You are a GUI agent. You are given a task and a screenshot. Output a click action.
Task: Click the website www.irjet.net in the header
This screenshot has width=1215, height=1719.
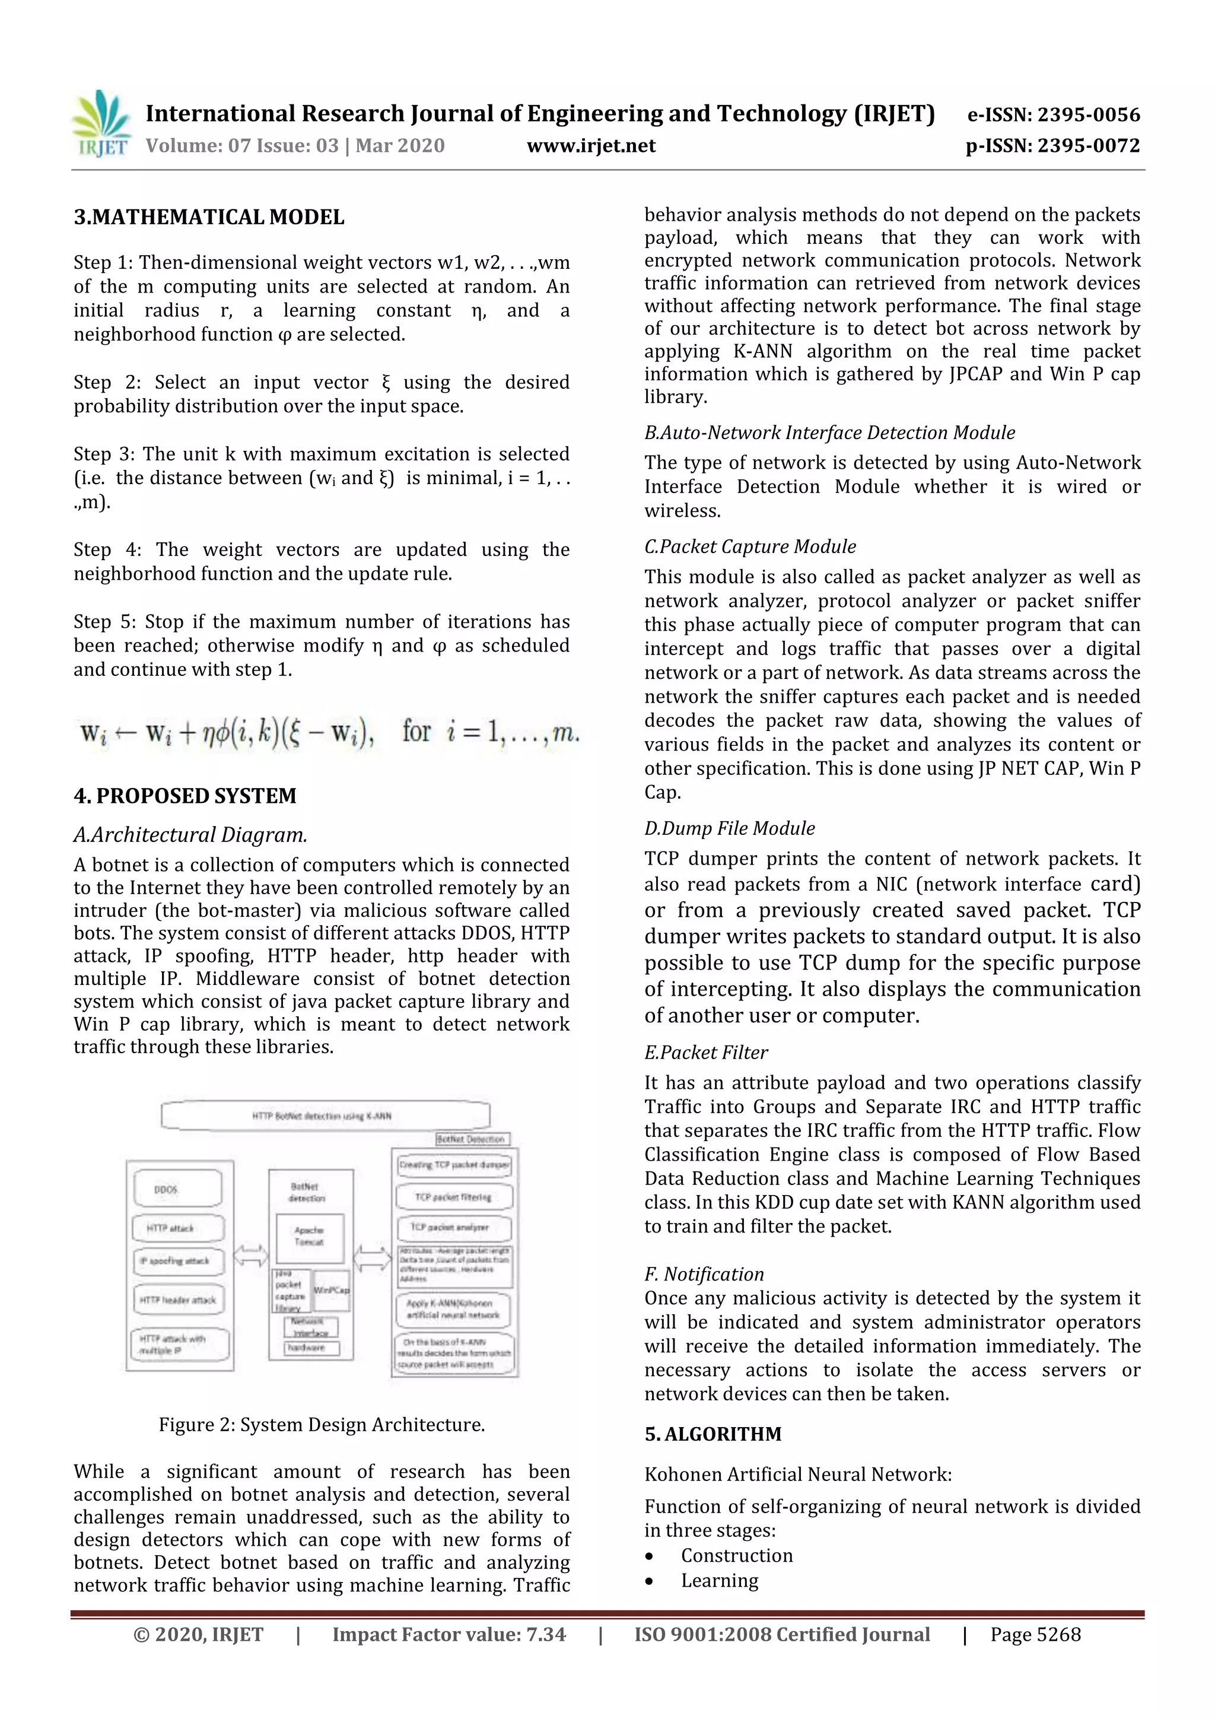(591, 145)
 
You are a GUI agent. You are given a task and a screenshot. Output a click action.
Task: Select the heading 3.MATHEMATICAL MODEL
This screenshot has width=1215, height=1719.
(209, 217)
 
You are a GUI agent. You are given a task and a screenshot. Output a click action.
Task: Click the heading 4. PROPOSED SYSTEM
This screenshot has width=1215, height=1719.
(185, 795)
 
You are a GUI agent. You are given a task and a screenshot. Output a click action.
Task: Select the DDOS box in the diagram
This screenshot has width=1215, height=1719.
(177, 1189)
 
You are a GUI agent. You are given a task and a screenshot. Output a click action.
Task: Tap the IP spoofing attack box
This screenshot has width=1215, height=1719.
(178, 1261)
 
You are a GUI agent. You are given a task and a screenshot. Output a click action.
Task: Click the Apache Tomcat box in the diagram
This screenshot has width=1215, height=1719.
(308, 1236)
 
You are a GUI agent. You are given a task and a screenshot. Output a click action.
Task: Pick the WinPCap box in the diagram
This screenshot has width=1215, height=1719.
(332, 1290)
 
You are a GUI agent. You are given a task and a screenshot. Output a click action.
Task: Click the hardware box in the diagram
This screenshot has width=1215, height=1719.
(311, 1348)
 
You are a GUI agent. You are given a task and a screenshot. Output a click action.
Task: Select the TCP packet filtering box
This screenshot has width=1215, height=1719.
(454, 1196)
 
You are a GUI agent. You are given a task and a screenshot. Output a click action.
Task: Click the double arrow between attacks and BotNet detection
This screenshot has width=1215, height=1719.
(251, 1255)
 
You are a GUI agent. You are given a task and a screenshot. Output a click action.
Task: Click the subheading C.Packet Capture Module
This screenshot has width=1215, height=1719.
(749, 546)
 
